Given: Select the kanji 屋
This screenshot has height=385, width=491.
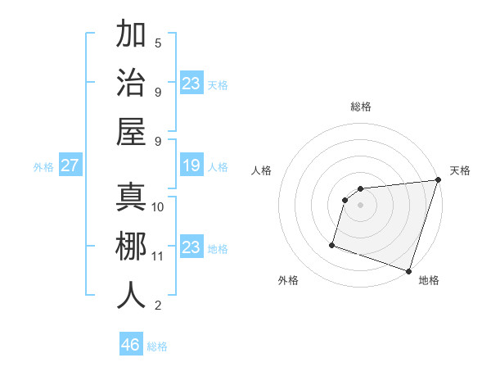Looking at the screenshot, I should [x=131, y=132].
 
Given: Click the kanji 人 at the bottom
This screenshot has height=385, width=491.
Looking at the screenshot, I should [x=131, y=295].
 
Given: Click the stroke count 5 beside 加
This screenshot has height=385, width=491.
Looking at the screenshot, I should [x=158, y=43].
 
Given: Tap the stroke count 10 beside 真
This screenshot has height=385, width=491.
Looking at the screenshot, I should [x=158, y=206].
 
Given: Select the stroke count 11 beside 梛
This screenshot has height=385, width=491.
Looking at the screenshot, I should [x=158, y=256].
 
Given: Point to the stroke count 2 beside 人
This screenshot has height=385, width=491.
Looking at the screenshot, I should [x=158, y=306].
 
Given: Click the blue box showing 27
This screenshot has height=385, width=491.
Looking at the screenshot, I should [x=70, y=166].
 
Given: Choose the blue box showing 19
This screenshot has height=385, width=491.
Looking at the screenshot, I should [x=191, y=166].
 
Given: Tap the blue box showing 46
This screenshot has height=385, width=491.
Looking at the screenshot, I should [x=131, y=345].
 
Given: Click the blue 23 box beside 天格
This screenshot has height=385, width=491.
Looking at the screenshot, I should [x=191, y=84].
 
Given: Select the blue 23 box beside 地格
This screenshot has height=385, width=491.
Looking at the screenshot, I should [x=191, y=247].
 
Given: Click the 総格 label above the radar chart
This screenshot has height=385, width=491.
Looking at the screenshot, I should [x=361, y=106].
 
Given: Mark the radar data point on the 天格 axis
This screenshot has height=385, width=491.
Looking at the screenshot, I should [x=438, y=180].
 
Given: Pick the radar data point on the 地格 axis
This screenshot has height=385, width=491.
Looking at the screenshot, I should [x=408, y=270].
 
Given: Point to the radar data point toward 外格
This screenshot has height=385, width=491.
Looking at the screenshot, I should [x=332, y=244].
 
